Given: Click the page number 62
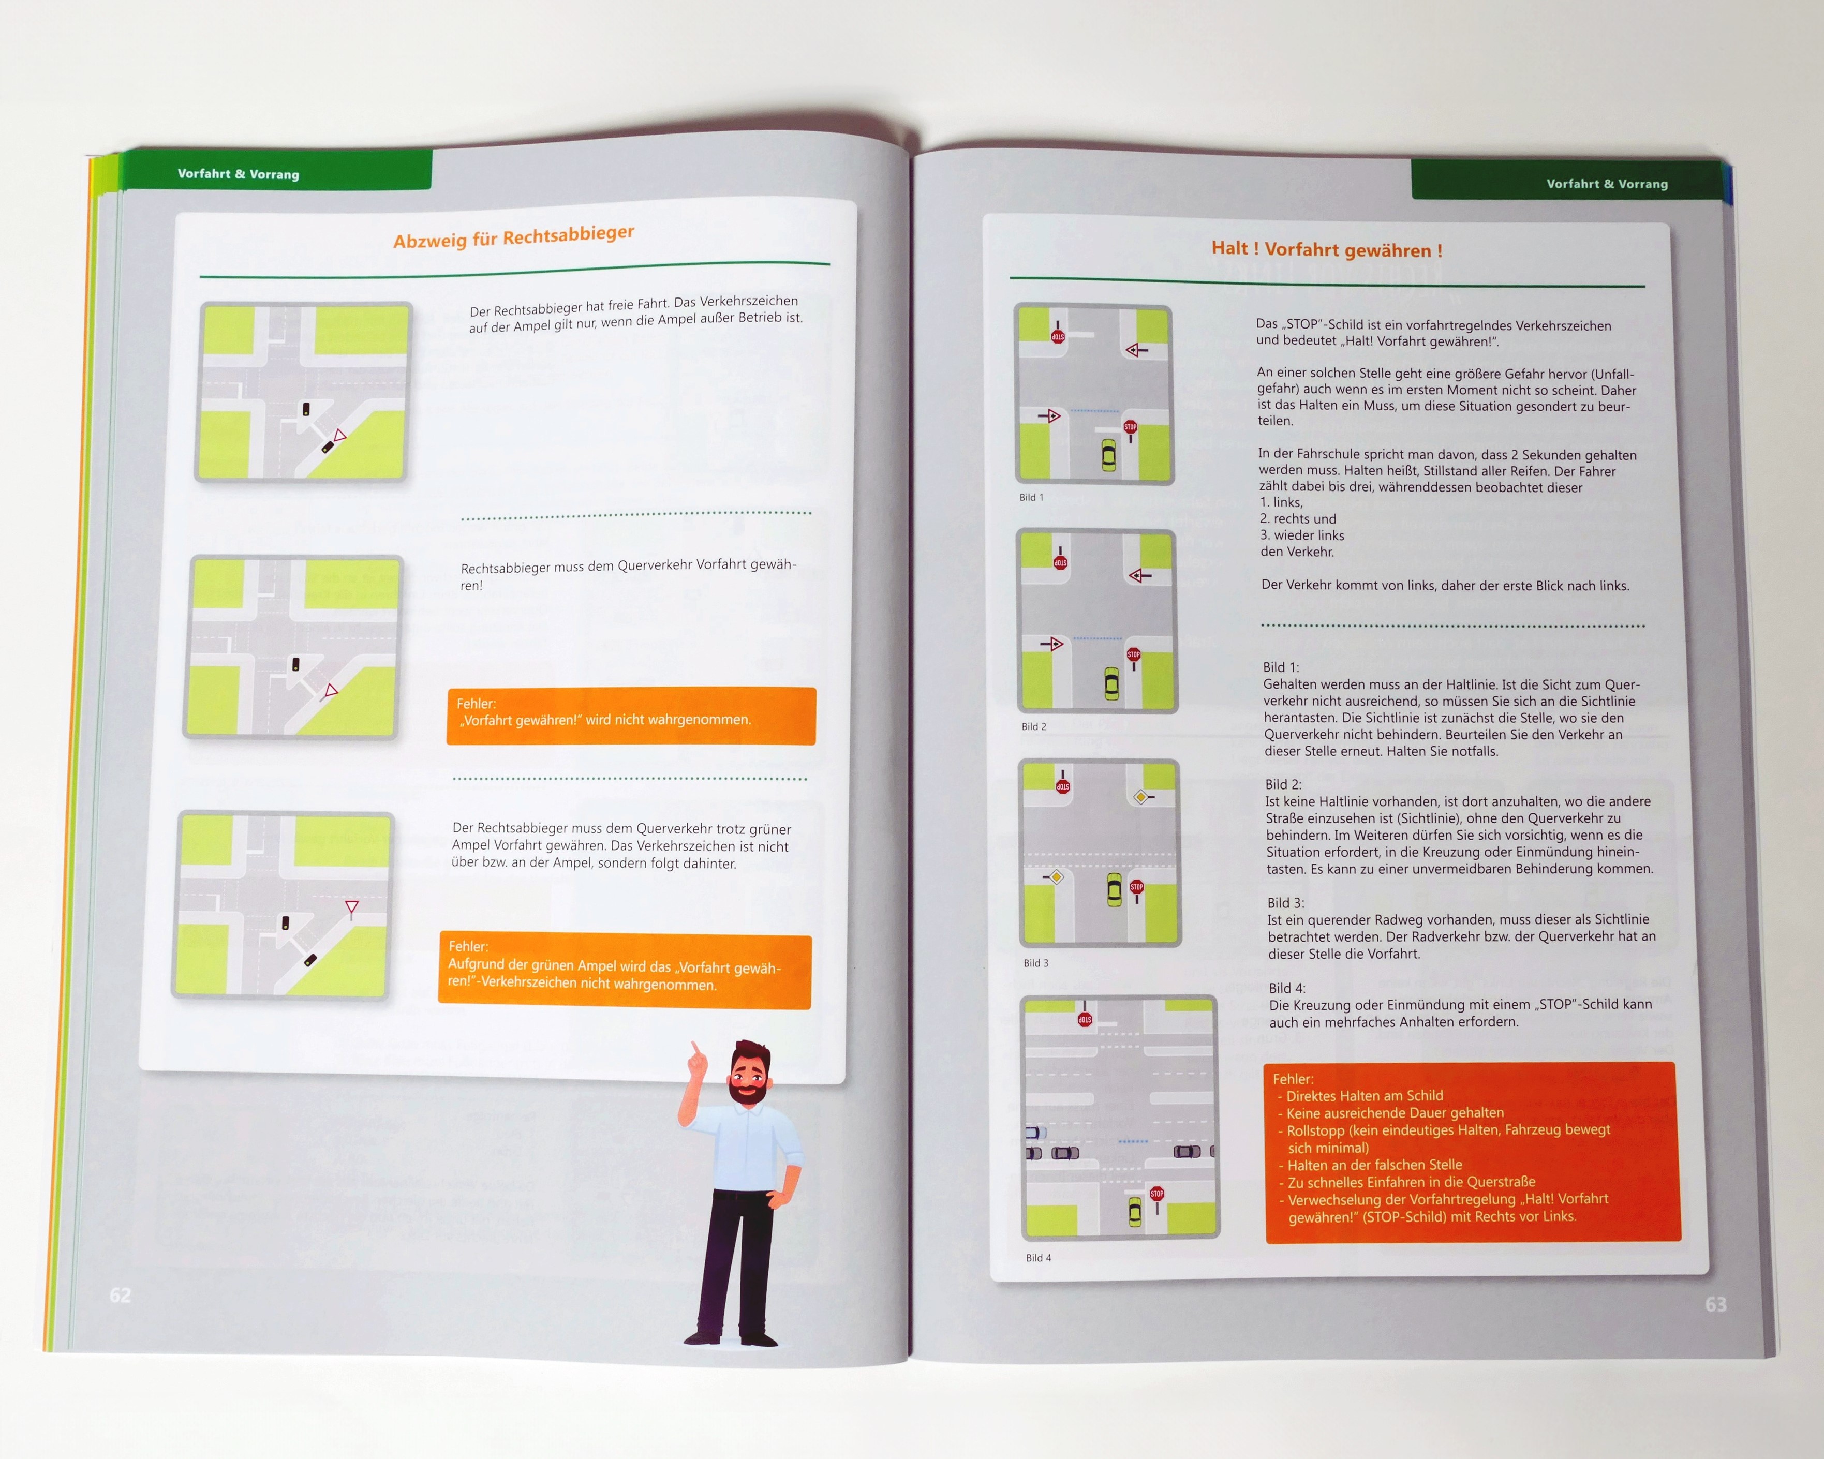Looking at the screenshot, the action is pyautogui.click(x=120, y=1295).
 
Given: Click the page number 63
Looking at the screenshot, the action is pyautogui.click(x=1716, y=1304).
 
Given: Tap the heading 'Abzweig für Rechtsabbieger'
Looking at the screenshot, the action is pyautogui.click(x=513, y=237).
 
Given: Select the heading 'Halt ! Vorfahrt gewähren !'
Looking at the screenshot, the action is pyautogui.click(x=1327, y=249).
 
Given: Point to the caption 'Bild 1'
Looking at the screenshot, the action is pyautogui.click(x=1031, y=497).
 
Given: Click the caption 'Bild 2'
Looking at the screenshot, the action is pyautogui.click(x=1034, y=726).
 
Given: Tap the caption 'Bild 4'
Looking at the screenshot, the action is pyautogui.click(x=1039, y=1258).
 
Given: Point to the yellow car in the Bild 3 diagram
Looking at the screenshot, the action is pyautogui.click(x=1114, y=889).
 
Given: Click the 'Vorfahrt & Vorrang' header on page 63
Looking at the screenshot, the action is pyautogui.click(x=1607, y=184).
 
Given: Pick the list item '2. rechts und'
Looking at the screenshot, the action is pyautogui.click(x=1298, y=518).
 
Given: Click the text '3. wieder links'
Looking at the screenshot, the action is pyautogui.click(x=1302, y=535).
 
